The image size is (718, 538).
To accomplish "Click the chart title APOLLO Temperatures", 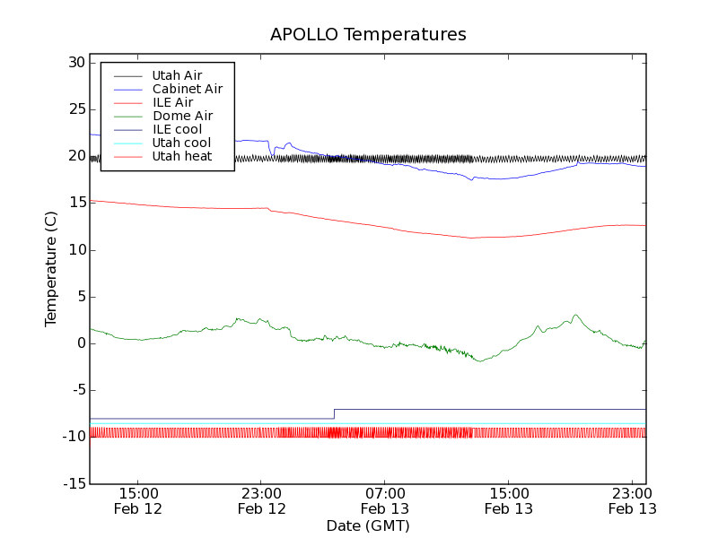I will [368, 35].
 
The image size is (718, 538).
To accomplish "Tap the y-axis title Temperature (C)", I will [51, 269].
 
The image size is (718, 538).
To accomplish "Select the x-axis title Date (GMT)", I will [368, 525].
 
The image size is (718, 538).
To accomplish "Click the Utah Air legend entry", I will [177, 75].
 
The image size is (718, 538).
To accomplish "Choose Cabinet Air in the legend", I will [187, 89].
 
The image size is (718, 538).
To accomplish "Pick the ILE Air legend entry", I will [172, 102].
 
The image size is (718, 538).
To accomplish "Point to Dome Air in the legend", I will [182, 116].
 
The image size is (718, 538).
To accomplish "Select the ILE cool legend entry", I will [177, 129].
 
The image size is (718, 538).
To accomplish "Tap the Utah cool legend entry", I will [181, 143].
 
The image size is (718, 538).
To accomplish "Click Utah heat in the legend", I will [181, 156].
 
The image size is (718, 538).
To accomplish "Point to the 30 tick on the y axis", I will [75, 63].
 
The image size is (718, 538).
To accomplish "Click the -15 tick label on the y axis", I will [72, 484].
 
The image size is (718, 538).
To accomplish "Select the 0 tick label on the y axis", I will [81, 343].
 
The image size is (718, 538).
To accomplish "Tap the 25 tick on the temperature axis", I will [75, 109].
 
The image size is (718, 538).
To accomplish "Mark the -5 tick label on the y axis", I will [75, 390].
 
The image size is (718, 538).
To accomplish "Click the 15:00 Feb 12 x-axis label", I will [138, 500].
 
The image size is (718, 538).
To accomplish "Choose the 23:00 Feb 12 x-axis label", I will [261, 500].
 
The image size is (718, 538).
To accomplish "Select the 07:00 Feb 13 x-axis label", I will [385, 500].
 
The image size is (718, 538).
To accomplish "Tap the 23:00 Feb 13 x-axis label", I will [633, 500].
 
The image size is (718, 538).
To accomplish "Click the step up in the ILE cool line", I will [334, 413].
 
